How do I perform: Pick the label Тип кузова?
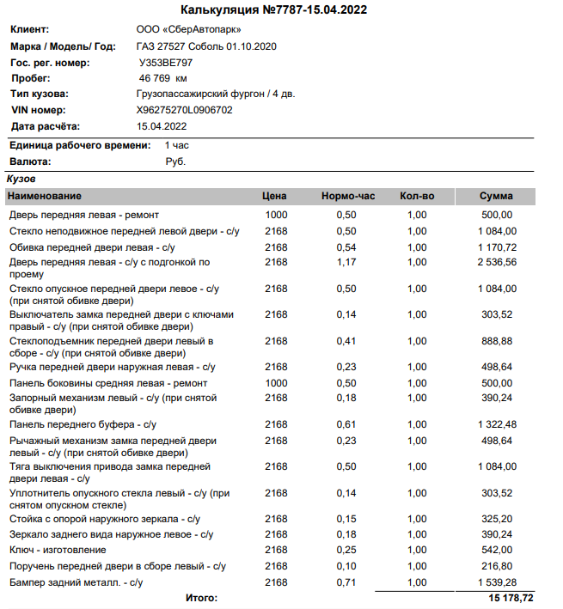point(40,94)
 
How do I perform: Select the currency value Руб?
point(175,161)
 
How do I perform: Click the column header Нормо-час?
point(348,197)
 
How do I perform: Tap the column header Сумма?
point(496,197)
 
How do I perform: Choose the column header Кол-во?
point(417,197)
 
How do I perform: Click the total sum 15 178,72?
point(511,597)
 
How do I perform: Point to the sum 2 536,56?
point(497,262)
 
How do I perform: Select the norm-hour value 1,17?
point(346,262)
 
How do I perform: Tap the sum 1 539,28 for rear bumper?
point(497,583)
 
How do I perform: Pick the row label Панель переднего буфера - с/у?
point(83,424)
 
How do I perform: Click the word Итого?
point(202,597)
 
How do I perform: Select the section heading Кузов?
point(21,179)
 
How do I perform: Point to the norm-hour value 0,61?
point(346,424)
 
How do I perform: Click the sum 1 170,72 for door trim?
point(497,247)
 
